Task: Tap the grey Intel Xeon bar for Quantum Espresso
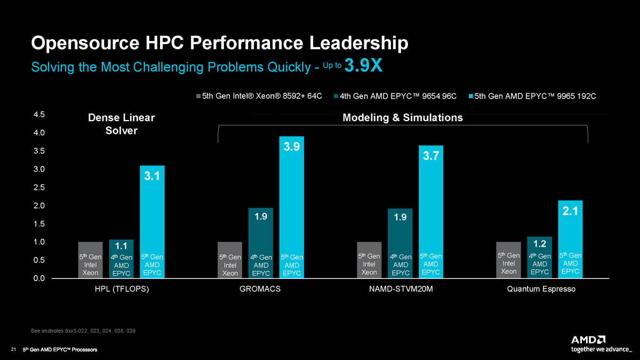(508, 260)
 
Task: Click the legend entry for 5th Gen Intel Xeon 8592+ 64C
(260, 96)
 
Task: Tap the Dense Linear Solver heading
(121, 124)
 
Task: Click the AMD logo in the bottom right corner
(588, 340)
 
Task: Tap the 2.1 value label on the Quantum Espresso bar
(570, 212)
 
